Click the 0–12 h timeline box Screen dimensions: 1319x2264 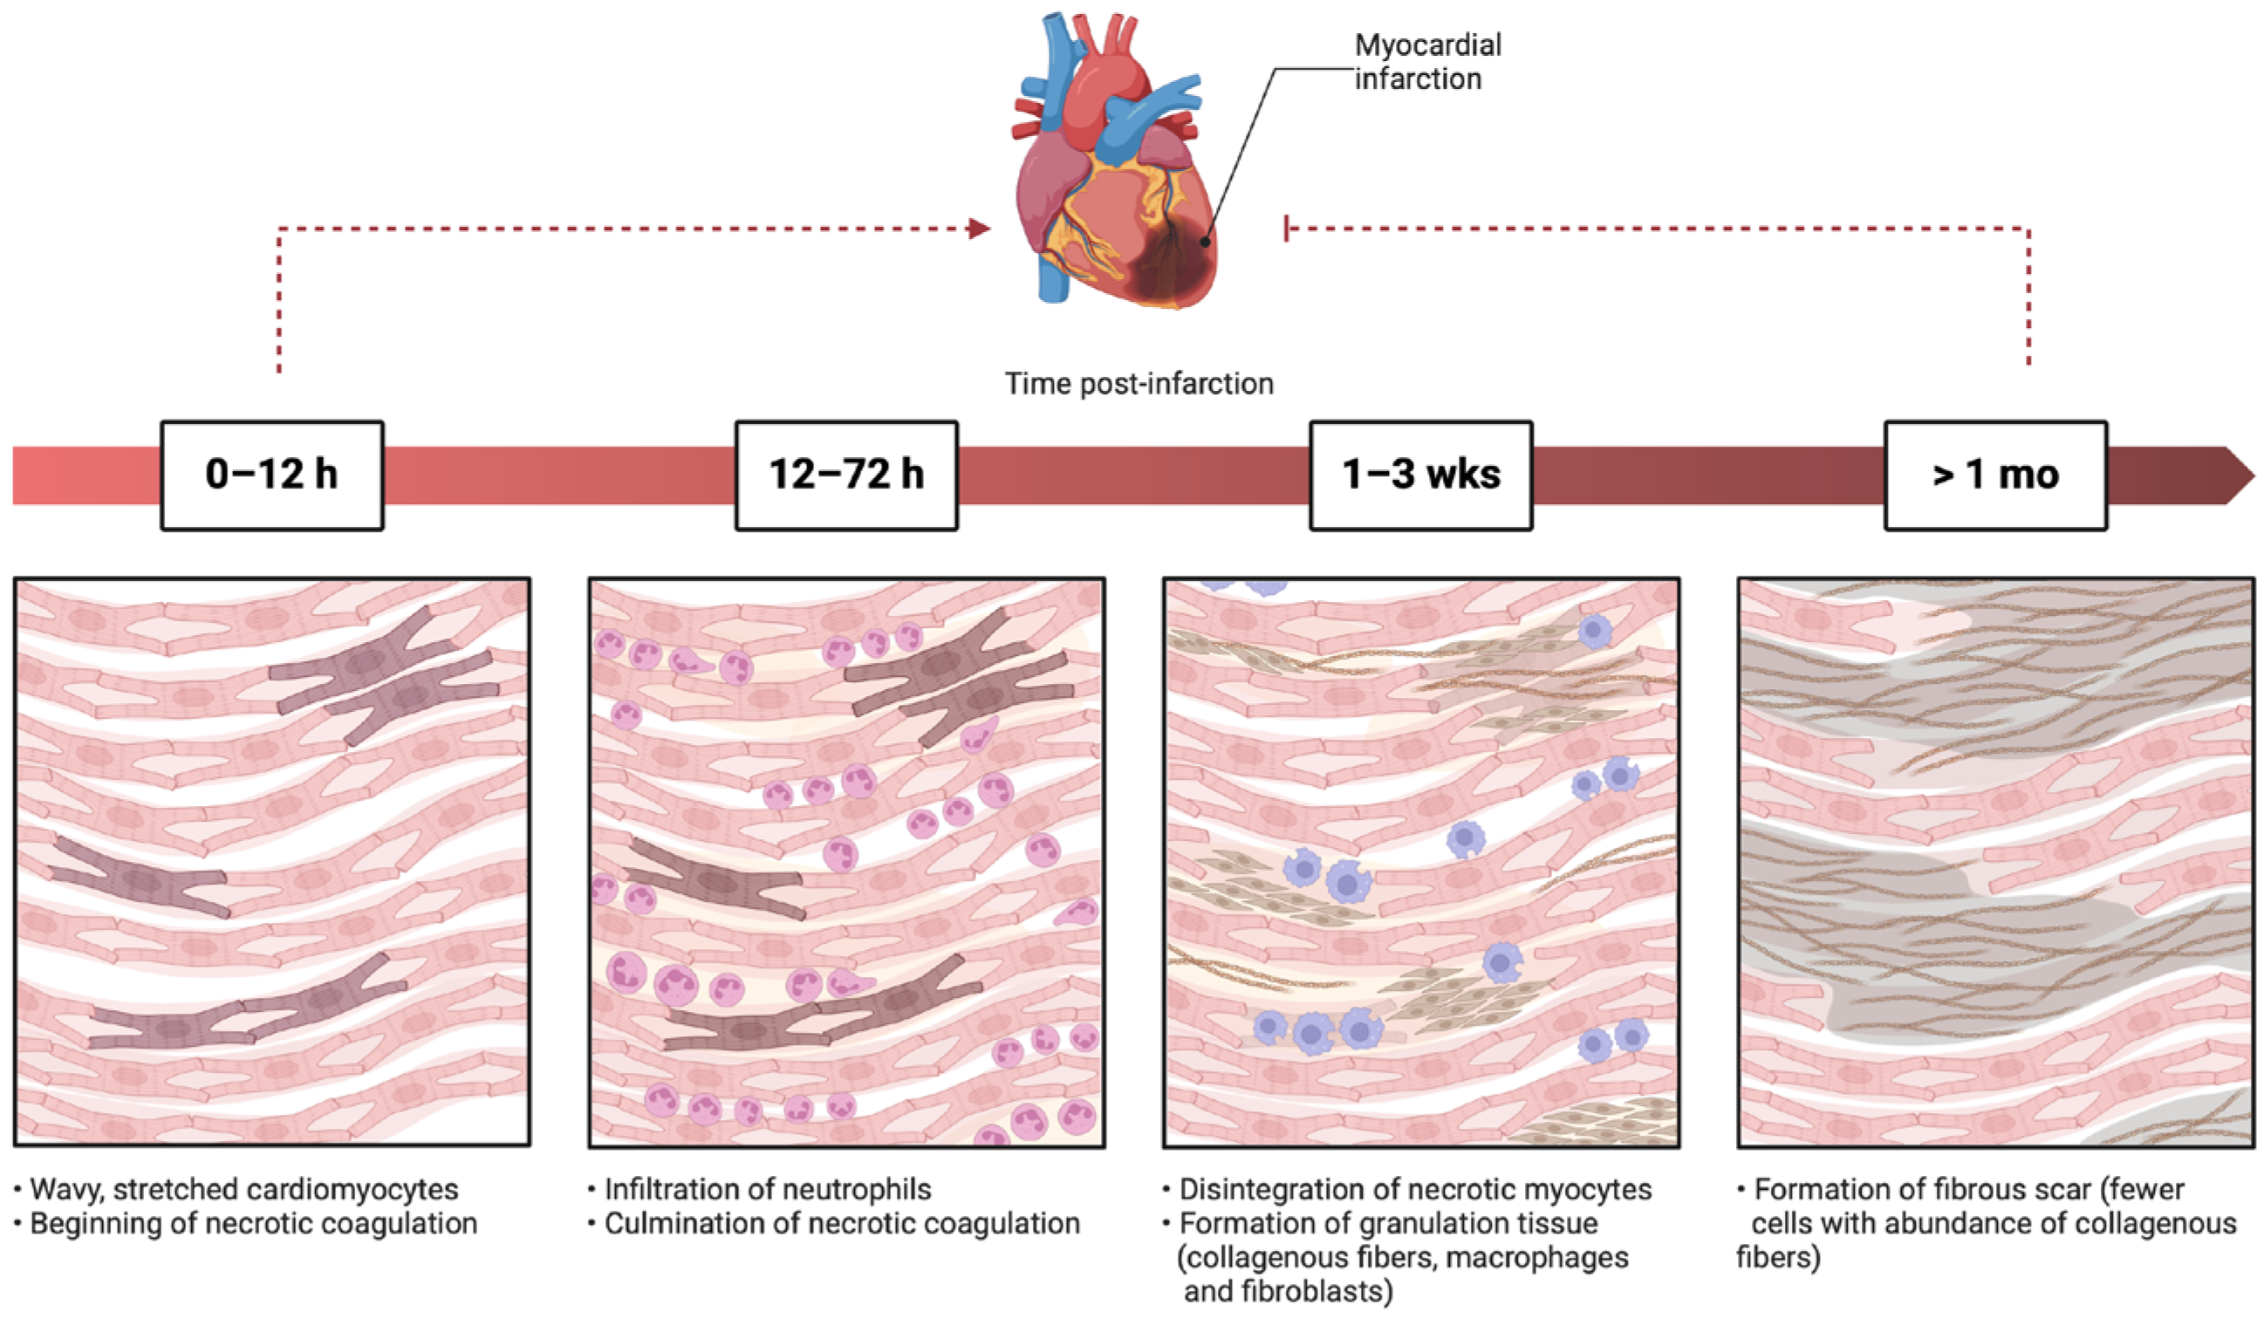point(271,475)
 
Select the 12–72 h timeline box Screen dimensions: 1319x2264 point(846,475)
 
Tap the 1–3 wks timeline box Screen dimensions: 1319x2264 point(1420,475)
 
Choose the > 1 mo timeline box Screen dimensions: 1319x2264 point(1995,475)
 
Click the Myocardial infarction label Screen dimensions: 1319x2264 point(1426,62)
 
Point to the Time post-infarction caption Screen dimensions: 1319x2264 point(1139,384)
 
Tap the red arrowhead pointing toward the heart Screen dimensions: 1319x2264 point(980,229)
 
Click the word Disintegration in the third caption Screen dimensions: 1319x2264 point(1258,1190)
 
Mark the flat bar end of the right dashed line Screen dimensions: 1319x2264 point(1287,229)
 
